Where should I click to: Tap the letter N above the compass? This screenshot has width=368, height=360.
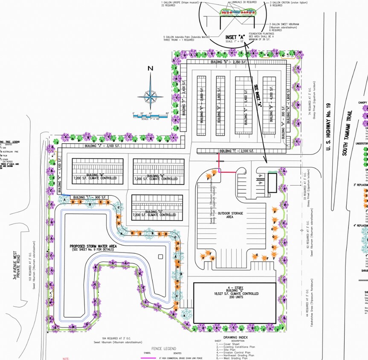click(150, 68)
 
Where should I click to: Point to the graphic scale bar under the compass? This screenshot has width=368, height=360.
click(152, 115)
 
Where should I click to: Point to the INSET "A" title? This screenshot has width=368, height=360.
click(234, 38)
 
